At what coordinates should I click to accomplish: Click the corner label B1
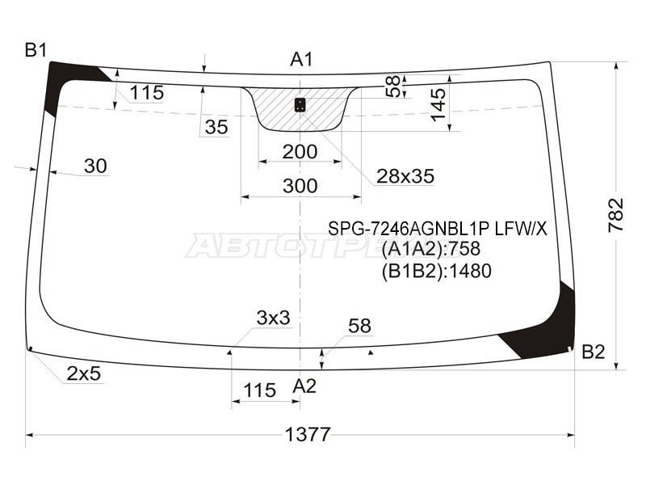[x=36, y=50]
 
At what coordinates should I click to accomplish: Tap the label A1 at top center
[x=301, y=59]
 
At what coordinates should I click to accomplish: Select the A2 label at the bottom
[x=304, y=386]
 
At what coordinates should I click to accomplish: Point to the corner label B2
[x=593, y=352]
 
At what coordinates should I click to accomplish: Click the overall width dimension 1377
[x=308, y=434]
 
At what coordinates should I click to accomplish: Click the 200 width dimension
[x=300, y=152]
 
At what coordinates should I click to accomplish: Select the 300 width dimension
[x=300, y=186]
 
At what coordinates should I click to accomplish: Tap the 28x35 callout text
[x=405, y=175]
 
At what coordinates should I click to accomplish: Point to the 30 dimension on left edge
[x=95, y=166]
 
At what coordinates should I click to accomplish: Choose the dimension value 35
[x=216, y=127]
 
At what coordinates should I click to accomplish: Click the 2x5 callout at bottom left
[x=83, y=373]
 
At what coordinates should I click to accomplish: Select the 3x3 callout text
[x=273, y=318]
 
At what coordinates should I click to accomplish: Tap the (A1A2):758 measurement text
[x=435, y=250]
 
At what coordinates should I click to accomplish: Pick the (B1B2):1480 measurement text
[x=435, y=271]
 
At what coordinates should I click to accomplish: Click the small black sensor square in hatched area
[x=300, y=103]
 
